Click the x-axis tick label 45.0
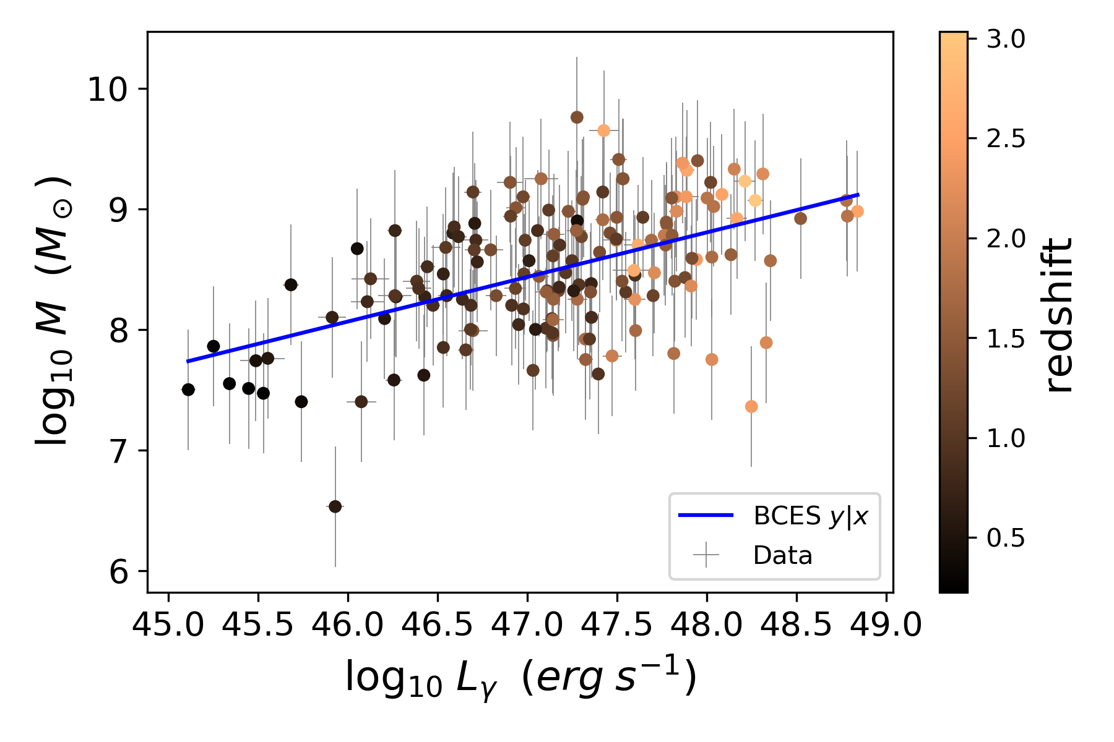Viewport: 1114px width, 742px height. pos(168,626)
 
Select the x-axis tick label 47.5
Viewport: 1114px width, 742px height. pos(617,626)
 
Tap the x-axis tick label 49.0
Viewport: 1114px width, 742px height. pos(886,626)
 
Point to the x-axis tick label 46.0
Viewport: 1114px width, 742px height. pos(347,626)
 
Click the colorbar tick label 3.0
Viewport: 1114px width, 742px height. pos(1006,40)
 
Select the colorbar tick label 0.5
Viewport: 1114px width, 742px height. pos(1006,539)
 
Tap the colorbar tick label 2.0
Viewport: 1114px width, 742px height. pos(1006,239)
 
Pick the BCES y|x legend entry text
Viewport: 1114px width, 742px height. pos(810,516)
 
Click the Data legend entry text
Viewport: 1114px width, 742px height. pos(782,556)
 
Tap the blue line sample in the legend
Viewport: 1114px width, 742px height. pos(706,515)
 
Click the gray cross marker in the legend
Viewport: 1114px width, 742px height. pos(706,555)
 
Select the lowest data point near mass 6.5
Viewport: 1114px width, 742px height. pos(335,506)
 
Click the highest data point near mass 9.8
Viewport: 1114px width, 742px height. pos(577,117)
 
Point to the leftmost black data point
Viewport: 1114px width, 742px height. pos(188,390)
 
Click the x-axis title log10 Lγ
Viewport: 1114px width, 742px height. pos(520,678)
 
